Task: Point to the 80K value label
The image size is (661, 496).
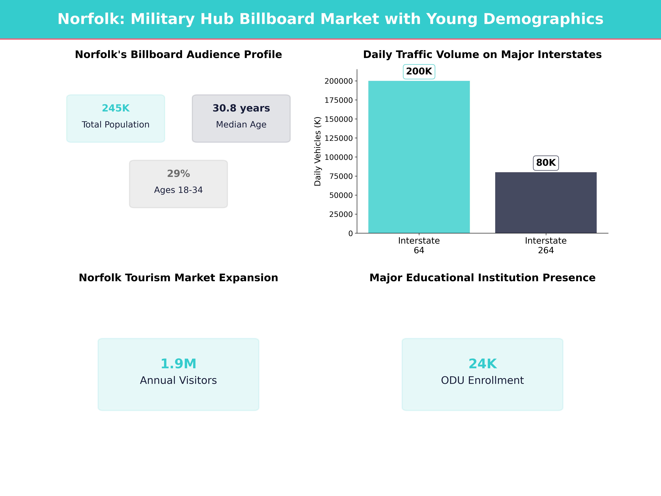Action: tap(546, 163)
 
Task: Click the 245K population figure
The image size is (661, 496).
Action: tap(116, 108)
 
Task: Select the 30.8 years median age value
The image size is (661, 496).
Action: tap(241, 108)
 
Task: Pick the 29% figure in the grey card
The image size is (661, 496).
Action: tap(178, 174)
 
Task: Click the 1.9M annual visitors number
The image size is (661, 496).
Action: tap(178, 364)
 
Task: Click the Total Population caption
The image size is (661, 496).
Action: tap(116, 125)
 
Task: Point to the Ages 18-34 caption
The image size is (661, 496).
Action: tap(178, 190)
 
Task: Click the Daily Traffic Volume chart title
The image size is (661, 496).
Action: tap(482, 55)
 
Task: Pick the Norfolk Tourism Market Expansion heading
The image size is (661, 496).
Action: tap(178, 278)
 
